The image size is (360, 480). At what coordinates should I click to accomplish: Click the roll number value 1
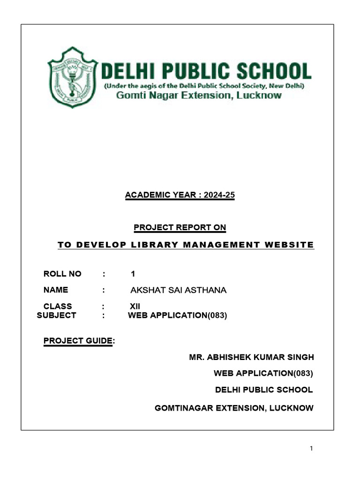coord(133,274)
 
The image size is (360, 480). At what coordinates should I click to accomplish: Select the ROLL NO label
coord(62,274)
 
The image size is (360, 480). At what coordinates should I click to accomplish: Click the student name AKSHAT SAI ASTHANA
coord(178,290)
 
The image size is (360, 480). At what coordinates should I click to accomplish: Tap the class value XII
coord(135,307)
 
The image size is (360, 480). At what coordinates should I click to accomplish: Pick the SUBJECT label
coord(56,315)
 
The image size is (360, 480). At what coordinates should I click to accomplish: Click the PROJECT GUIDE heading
coord(78,341)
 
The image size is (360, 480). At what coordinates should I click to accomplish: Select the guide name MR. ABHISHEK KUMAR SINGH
coord(251,358)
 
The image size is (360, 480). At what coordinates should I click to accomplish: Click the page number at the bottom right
coord(311,449)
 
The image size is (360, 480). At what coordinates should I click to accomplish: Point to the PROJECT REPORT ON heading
coord(180,228)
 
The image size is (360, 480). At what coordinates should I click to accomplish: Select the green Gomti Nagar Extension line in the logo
coord(199,96)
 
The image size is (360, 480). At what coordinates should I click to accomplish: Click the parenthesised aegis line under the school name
coord(204,86)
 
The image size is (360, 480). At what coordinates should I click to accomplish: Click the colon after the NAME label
coord(103,290)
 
